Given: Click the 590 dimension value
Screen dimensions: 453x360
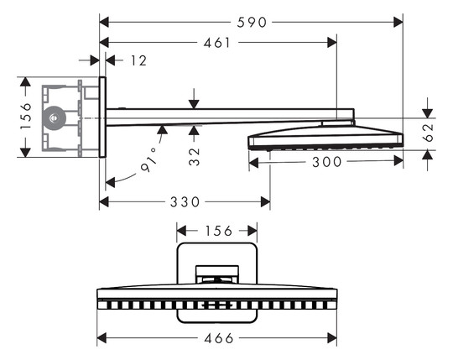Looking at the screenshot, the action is point(252,23).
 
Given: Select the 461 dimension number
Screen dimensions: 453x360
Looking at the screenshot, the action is point(217,43).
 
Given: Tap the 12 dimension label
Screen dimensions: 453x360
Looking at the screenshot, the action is point(139,60).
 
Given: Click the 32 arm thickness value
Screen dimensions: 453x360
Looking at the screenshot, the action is point(195,157).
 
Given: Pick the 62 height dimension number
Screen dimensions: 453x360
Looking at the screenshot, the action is point(428,133).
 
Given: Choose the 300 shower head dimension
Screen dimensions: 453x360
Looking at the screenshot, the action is point(327,162).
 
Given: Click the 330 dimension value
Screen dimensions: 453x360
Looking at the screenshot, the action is point(185,202).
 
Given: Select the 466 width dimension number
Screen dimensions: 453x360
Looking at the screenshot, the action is point(219,338).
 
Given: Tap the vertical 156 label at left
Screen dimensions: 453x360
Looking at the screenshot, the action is point(25,116).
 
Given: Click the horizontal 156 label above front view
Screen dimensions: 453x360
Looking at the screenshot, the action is point(219,231).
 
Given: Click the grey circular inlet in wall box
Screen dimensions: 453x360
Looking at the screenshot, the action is point(54,117).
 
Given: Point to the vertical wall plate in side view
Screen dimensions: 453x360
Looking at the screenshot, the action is point(102,117).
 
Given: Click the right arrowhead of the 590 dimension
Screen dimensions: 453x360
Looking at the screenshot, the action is point(398,23).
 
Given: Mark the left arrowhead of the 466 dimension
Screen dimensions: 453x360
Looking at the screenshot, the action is point(102,338).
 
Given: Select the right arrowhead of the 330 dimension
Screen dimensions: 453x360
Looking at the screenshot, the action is point(265,202).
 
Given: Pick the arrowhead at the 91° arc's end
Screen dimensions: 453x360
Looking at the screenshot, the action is point(110,183).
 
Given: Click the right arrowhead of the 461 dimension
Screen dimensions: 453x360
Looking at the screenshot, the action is point(332,43).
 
